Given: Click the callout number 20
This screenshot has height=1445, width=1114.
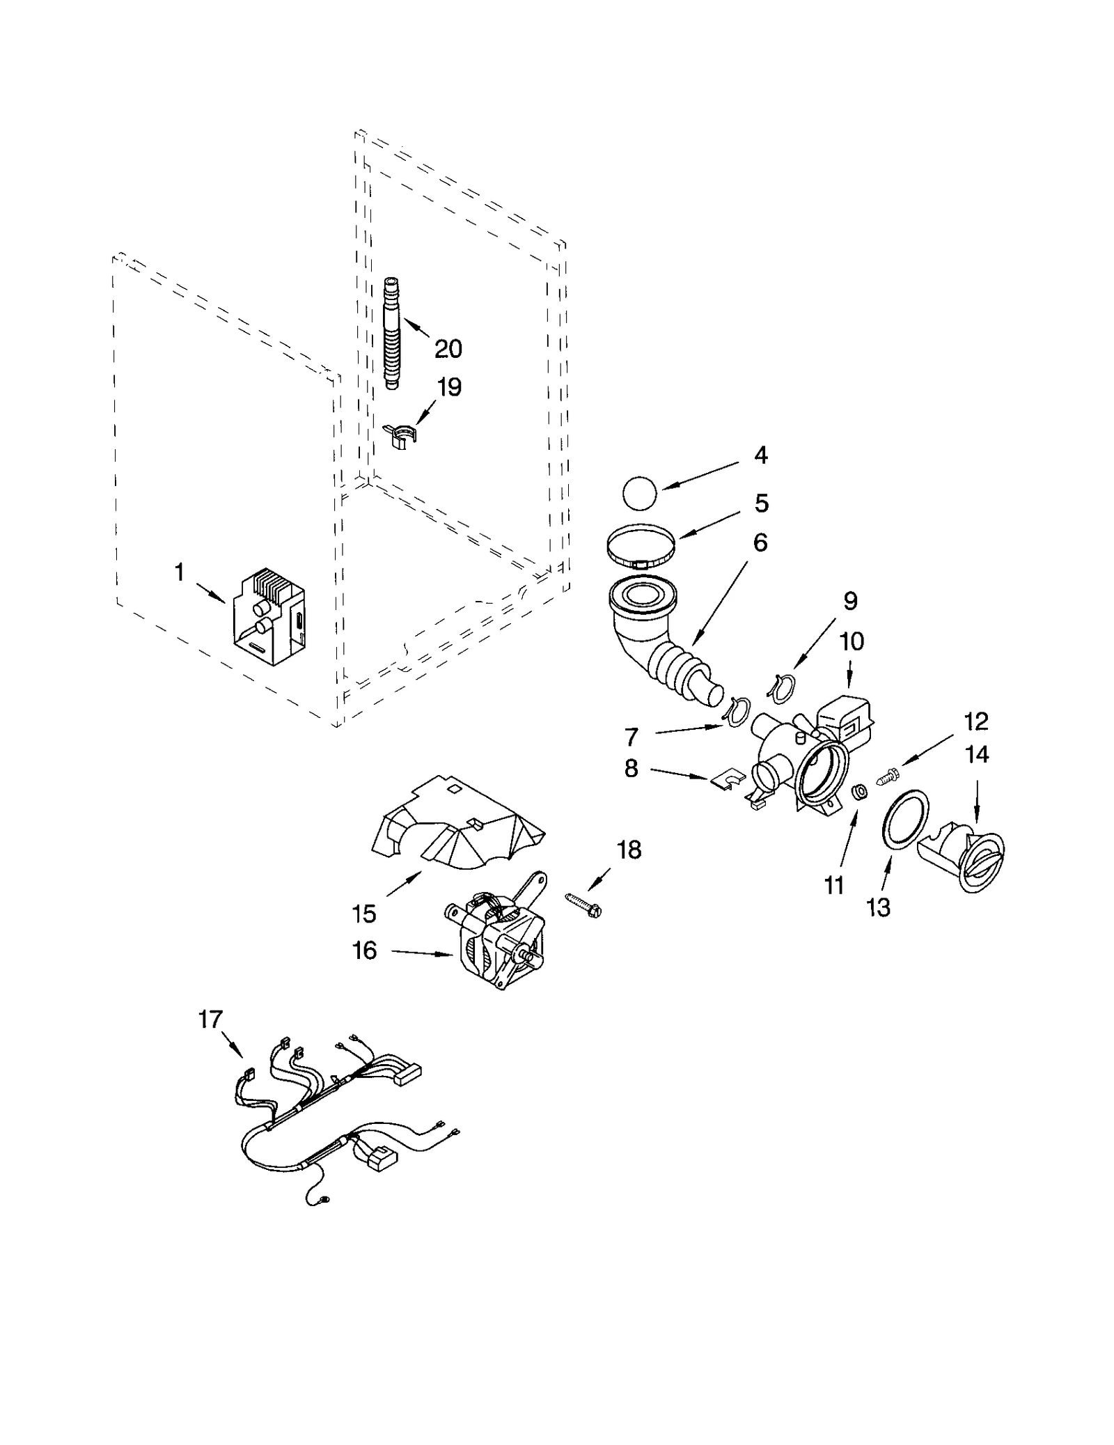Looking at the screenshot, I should [x=448, y=348].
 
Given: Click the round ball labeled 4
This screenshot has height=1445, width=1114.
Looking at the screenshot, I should [x=639, y=493].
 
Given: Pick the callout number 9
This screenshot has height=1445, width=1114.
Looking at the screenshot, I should [x=850, y=601].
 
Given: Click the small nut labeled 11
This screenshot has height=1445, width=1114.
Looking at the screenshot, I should [x=860, y=791].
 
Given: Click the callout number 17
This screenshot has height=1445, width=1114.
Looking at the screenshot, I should [x=210, y=1020].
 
